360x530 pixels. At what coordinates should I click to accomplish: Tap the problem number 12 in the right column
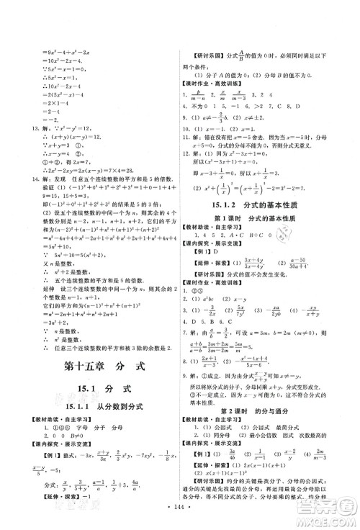[196, 173]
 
